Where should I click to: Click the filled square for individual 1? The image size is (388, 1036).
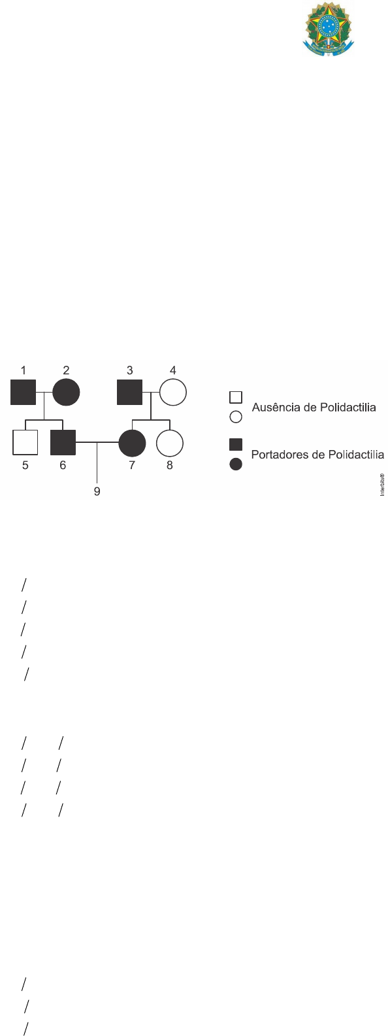click(x=23, y=392)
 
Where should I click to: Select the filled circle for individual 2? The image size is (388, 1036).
click(x=66, y=392)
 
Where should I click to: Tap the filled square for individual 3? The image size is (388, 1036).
click(x=129, y=392)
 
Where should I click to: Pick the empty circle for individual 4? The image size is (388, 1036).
click(x=173, y=392)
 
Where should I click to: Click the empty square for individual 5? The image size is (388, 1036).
click(x=25, y=442)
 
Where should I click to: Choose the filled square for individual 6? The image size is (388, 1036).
click(x=63, y=442)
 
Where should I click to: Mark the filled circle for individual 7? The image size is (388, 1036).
click(x=132, y=443)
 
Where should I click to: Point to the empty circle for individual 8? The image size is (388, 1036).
click(x=170, y=443)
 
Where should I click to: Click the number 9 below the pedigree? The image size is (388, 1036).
click(x=97, y=491)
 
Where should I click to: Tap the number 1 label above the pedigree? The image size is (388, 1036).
click(x=23, y=370)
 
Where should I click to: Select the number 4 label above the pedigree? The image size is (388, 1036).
click(x=173, y=370)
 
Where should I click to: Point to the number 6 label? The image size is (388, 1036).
click(x=63, y=465)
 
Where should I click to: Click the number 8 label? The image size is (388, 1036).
click(x=170, y=465)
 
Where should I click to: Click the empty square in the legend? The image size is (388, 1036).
click(x=236, y=397)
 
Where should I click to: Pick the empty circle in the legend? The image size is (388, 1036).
click(x=236, y=417)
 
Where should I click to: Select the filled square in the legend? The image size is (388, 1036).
click(x=236, y=444)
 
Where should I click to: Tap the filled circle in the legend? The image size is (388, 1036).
click(x=236, y=464)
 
